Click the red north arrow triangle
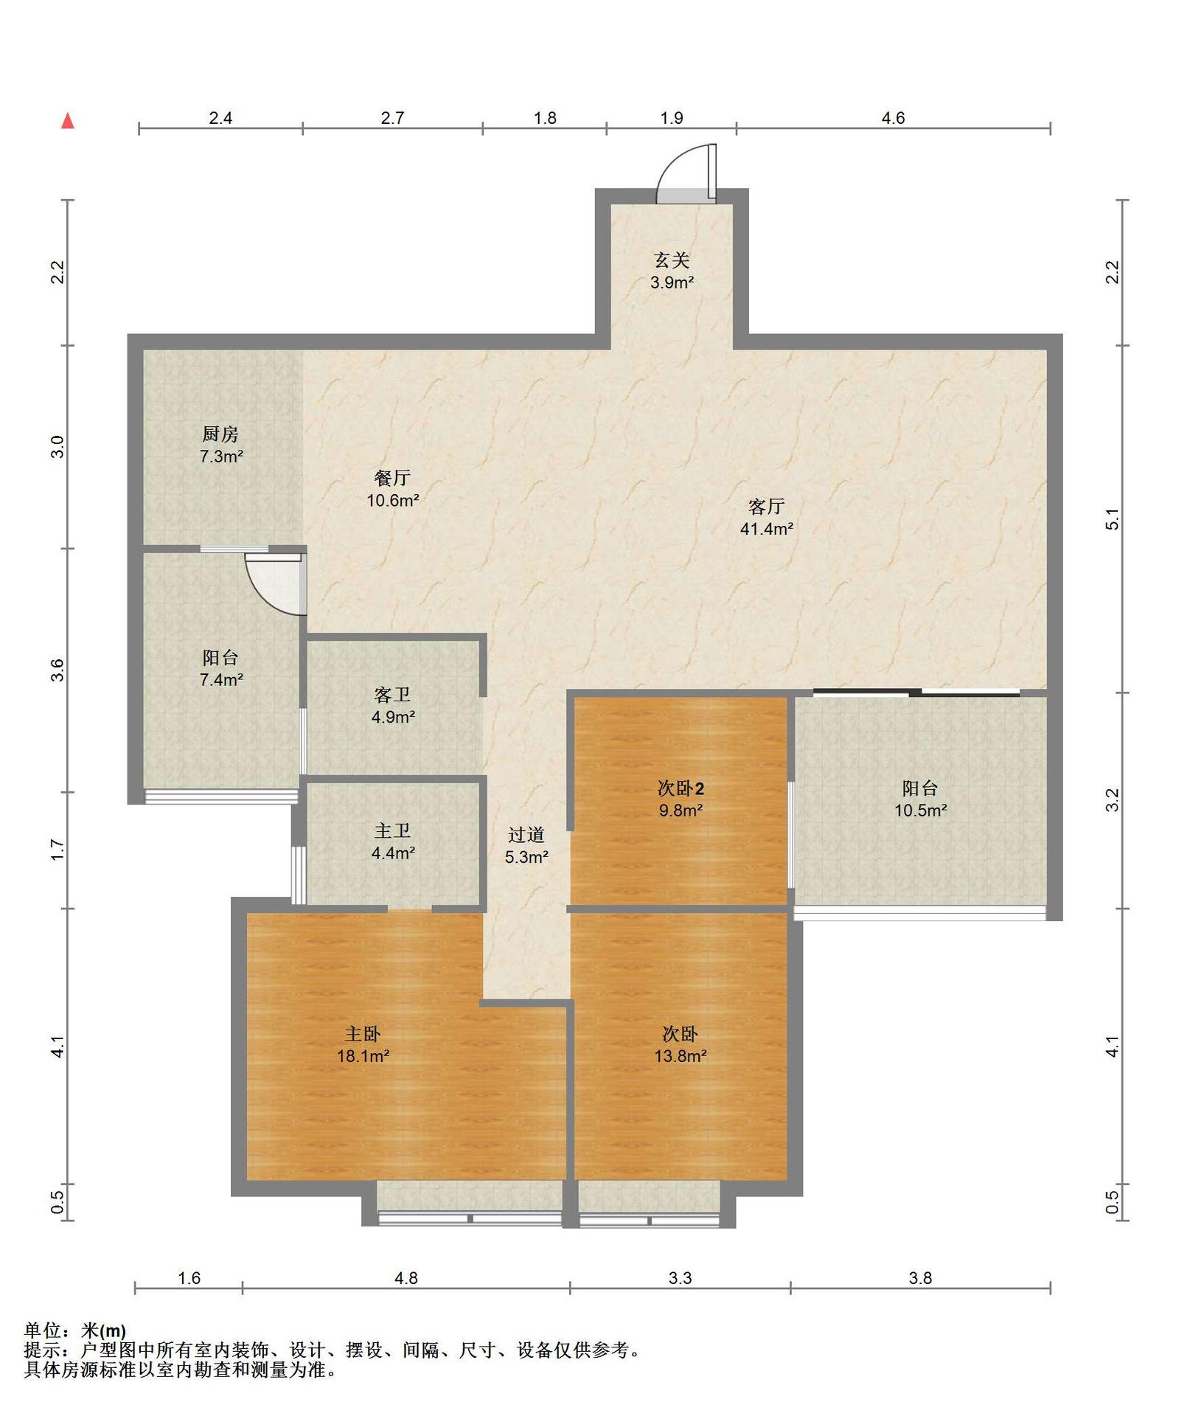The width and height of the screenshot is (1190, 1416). (68, 121)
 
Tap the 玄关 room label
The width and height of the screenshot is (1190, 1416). (672, 260)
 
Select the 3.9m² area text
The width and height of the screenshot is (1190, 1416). (672, 282)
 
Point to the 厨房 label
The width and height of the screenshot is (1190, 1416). (220, 434)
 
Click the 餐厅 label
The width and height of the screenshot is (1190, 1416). (392, 479)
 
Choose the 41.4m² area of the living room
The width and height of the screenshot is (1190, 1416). (767, 529)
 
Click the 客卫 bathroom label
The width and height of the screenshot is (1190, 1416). (392, 695)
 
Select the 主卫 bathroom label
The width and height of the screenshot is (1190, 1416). (392, 831)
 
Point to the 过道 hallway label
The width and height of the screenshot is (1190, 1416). (526, 835)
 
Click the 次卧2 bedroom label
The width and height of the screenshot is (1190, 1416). (681, 789)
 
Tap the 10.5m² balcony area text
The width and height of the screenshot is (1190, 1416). (921, 811)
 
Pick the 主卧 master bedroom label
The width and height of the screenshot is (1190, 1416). (363, 1034)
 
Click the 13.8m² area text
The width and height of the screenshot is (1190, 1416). (681, 1056)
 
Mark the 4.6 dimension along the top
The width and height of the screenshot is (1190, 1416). (893, 118)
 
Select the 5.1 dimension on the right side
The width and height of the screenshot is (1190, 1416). (1113, 519)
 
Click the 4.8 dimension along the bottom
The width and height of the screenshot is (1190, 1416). (406, 1278)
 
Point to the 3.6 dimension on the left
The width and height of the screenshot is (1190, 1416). (58, 670)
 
